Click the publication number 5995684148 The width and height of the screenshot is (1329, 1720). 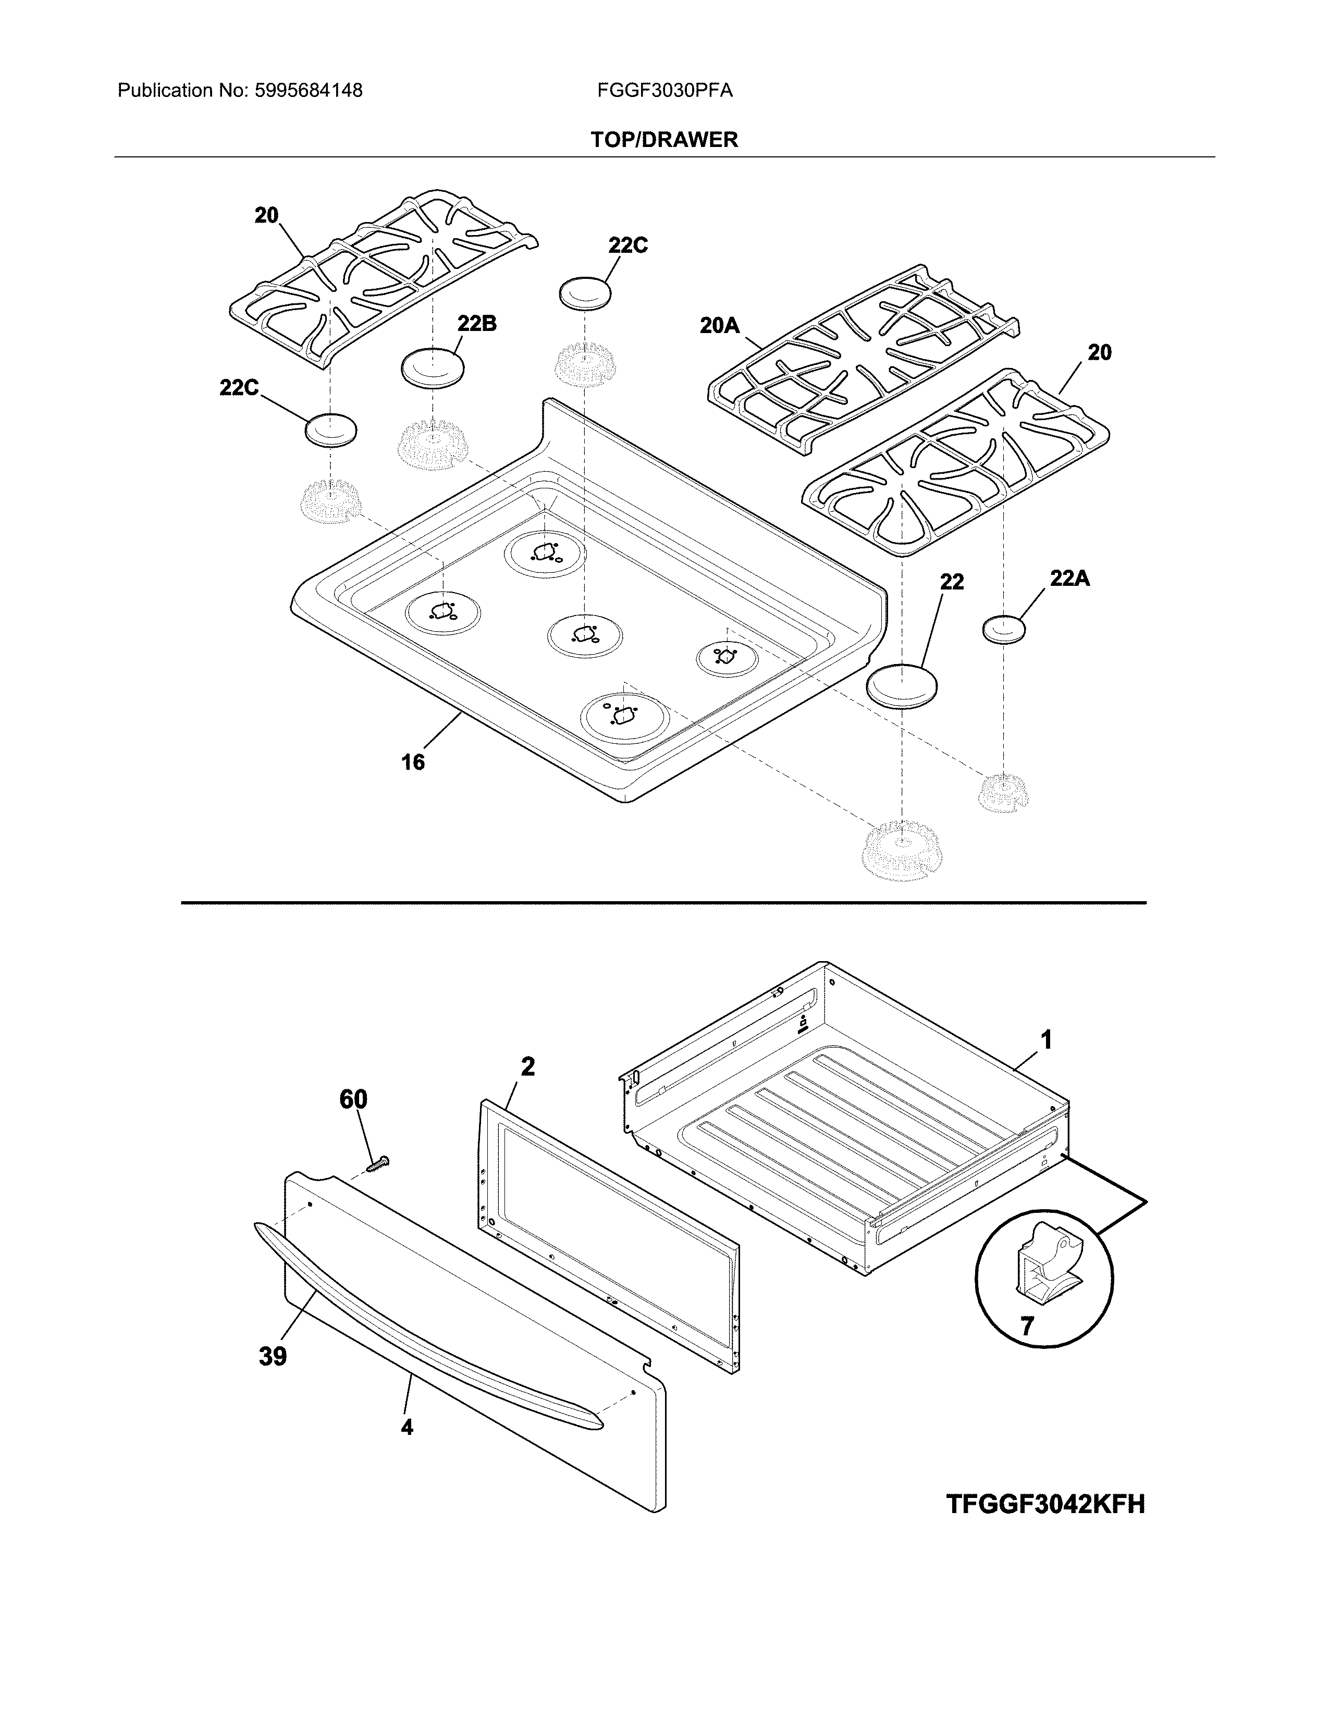tap(308, 91)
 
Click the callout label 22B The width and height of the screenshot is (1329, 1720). tap(476, 324)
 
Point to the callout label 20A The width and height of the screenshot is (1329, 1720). tap(720, 325)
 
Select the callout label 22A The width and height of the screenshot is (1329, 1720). tap(1069, 579)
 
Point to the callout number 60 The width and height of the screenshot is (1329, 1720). tap(353, 1099)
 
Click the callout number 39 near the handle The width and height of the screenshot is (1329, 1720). tap(273, 1356)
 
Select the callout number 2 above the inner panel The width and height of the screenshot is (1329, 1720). tap(527, 1066)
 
